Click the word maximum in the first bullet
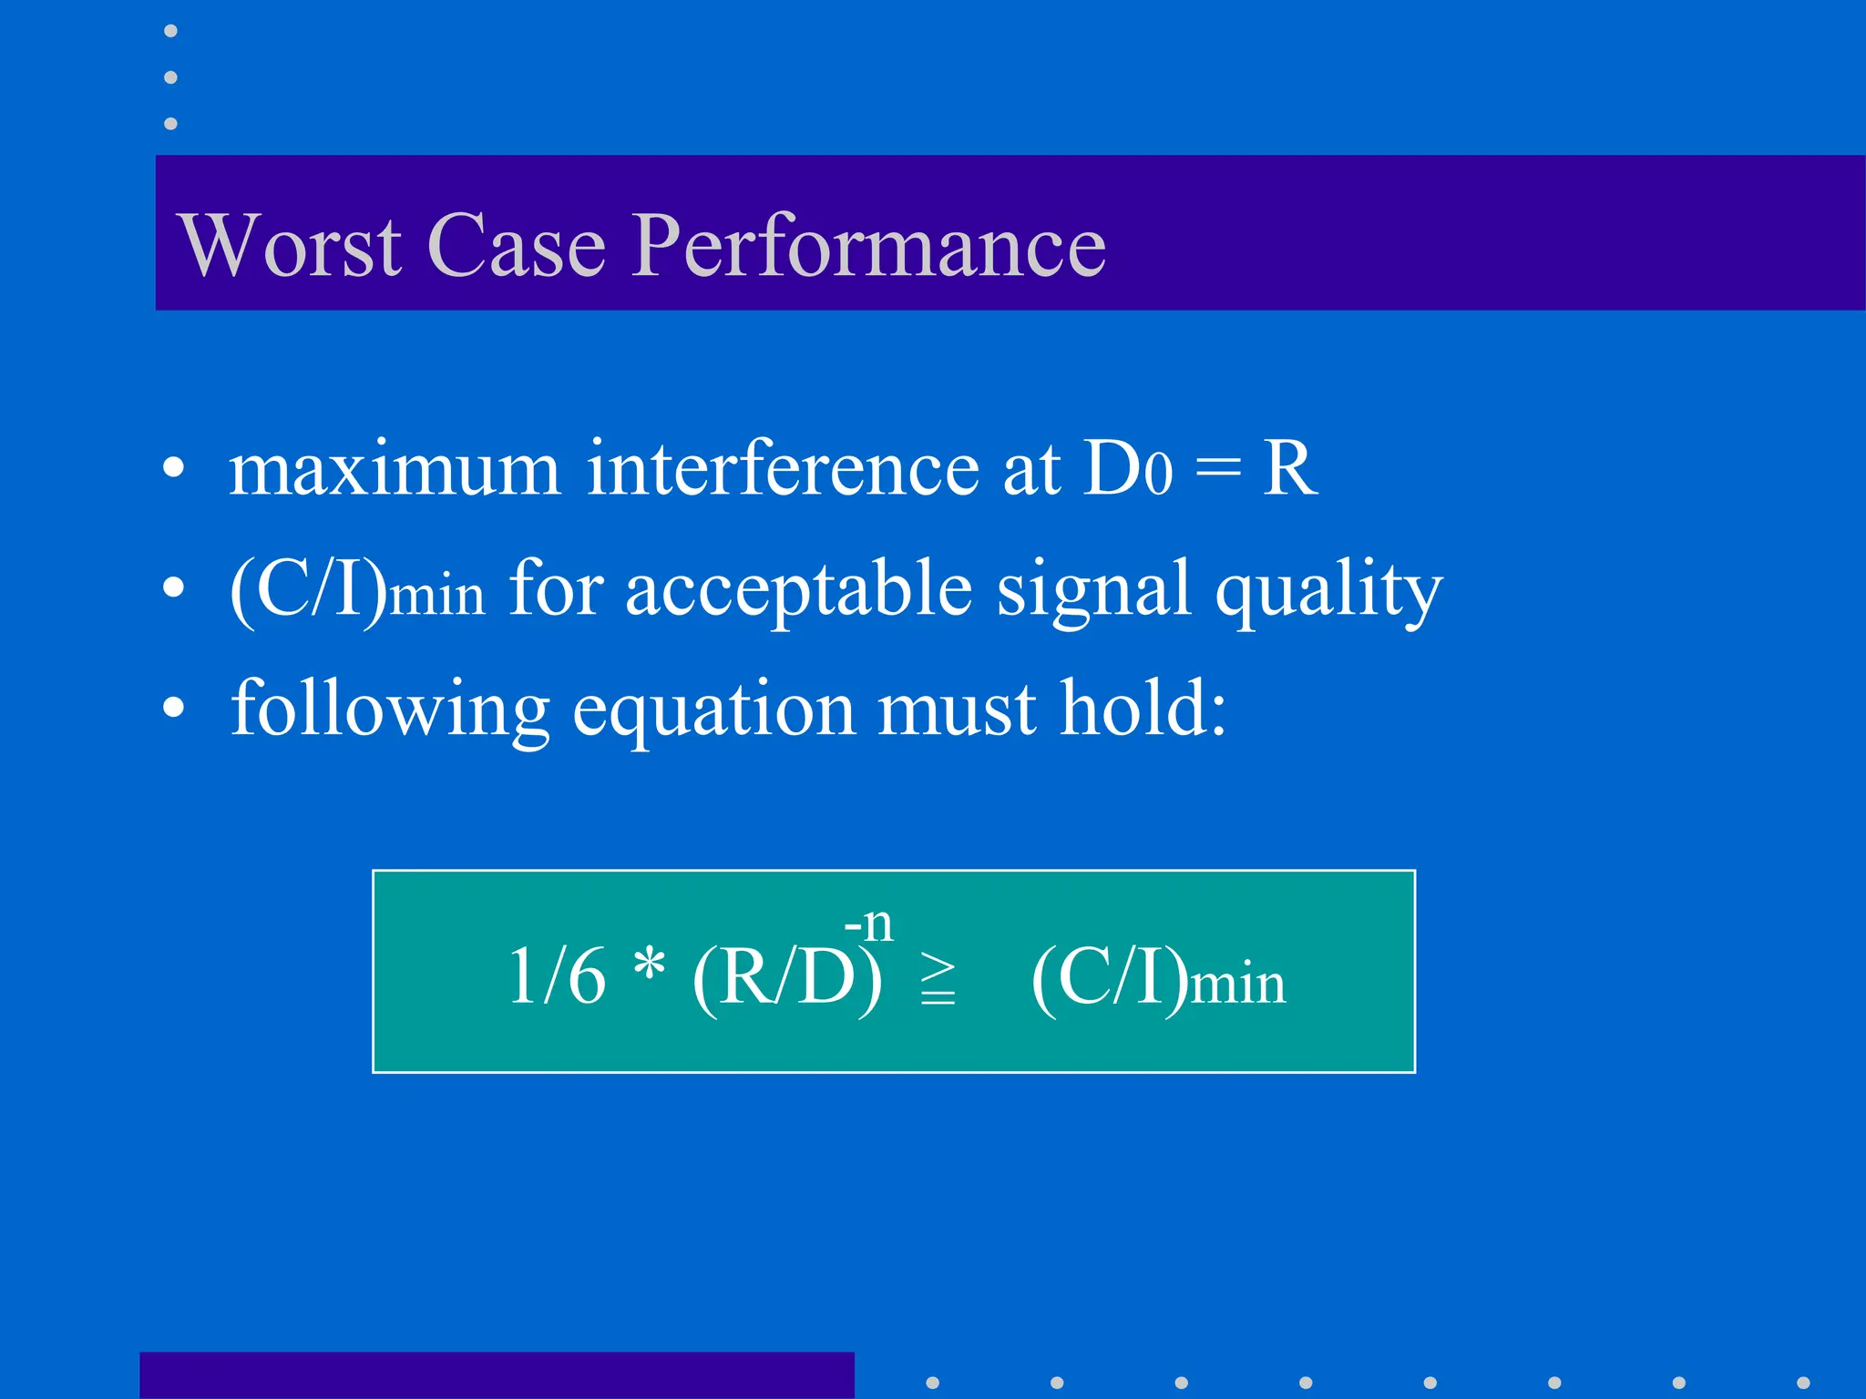[x=394, y=469]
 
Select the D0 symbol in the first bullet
[x=1127, y=469]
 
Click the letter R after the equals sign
[x=1289, y=469]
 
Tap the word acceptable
[x=798, y=590]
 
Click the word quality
[x=1328, y=590]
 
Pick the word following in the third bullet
[x=390, y=710]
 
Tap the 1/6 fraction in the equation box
[x=557, y=976]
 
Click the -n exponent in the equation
[x=868, y=924]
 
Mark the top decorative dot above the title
[x=170, y=31]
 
